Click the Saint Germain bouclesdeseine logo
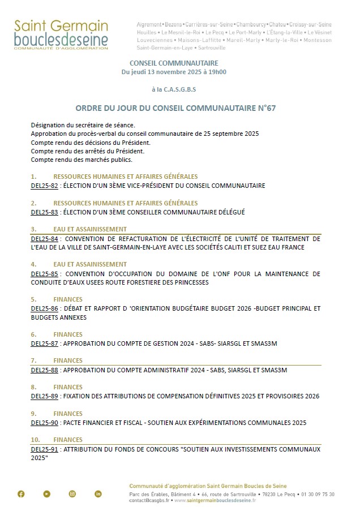pyautogui.click(x=61, y=35)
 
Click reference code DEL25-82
pyautogui.click(x=44, y=186)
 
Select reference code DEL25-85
pyautogui.click(x=44, y=274)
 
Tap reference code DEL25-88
pyautogui.click(x=44, y=370)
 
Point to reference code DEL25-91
pyautogui.click(x=44, y=449)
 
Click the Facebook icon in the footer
pyautogui.click(x=21, y=494)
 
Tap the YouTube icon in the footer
pyautogui.click(x=46, y=494)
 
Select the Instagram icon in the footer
pyautogui.click(x=72, y=494)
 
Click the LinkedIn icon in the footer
pyautogui.click(x=98, y=494)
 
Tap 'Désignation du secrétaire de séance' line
pyautogui.click(x=83, y=124)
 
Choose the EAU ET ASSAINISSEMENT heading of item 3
pyautogui.click(x=90, y=229)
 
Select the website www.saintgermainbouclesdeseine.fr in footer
pyautogui.click(x=218, y=501)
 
